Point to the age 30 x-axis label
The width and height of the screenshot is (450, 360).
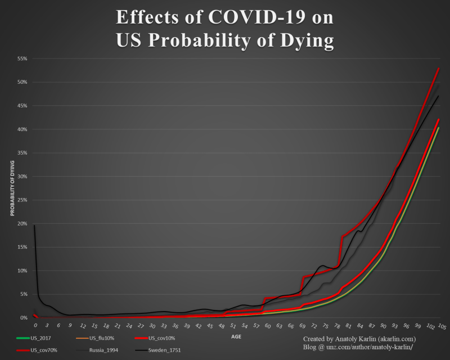click(152, 326)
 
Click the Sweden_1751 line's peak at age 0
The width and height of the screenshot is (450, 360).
click(34, 226)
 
